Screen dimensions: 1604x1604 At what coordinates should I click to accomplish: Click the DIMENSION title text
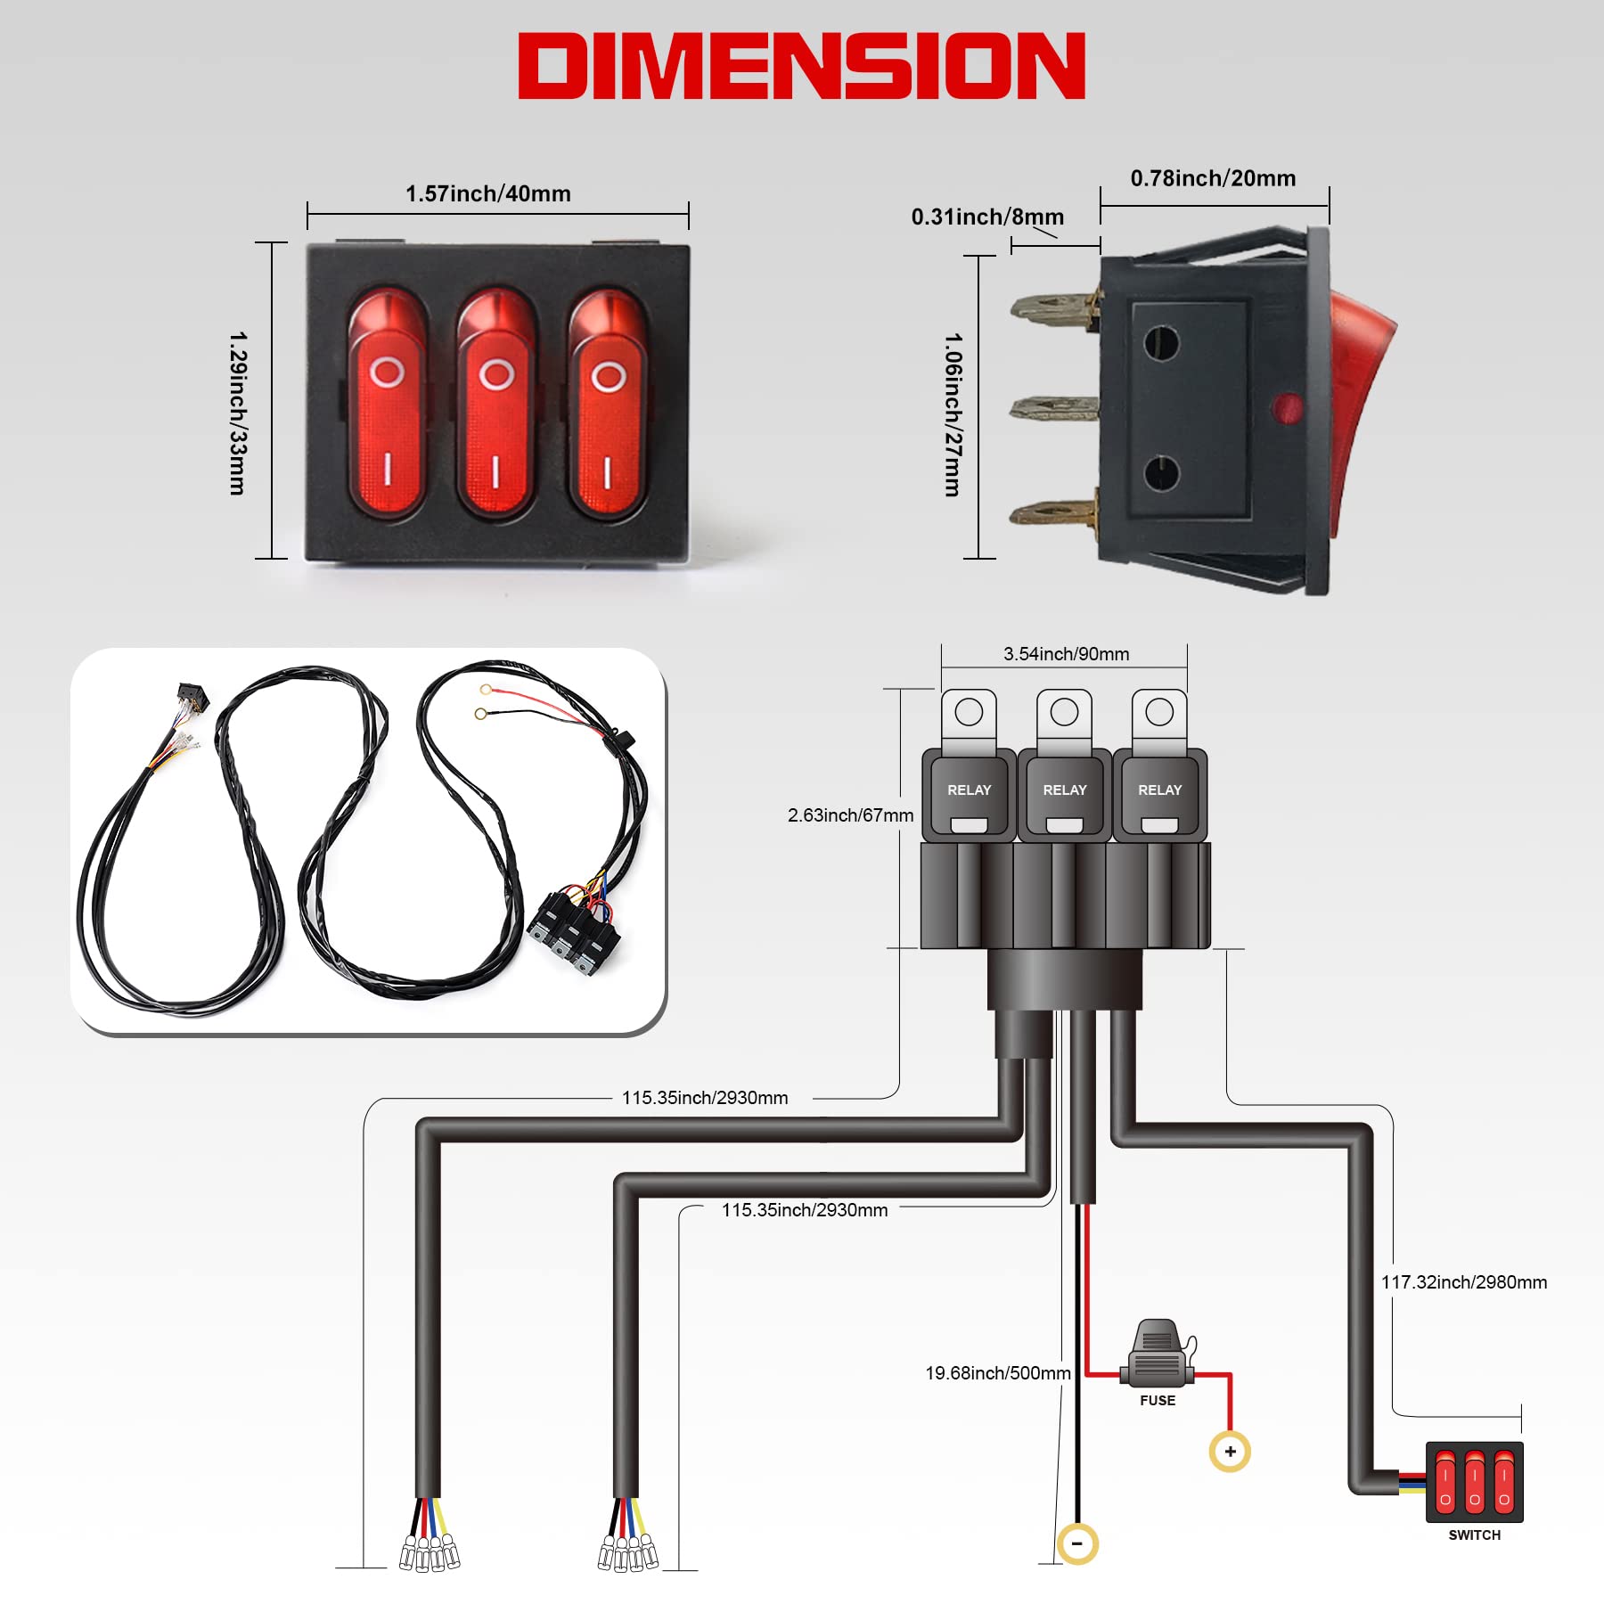pyautogui.click(x=802, y=66)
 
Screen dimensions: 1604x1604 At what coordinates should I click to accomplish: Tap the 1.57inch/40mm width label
pyautogui.click(x=488, y=193)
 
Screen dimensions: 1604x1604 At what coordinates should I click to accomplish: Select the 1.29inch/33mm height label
pyautogui.click(x=238, y=413)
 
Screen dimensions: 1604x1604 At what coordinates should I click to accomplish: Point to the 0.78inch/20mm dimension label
pyautogui.click(x=1213, y=178)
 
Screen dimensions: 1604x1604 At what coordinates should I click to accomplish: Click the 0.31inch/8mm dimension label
pyautogui.click(x=987, y=217)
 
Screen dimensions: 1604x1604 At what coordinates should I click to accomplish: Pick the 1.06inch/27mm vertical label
pyautogui.click(x=953, y=414)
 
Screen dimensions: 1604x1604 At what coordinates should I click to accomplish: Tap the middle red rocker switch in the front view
pyautogui.click(x=496, y=404)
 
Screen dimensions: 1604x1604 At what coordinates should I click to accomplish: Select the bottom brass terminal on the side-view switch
pyautogui.click(x=1053, y=513)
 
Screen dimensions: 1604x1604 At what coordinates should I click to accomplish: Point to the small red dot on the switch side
pyautogui.click(x=1287, y=409)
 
